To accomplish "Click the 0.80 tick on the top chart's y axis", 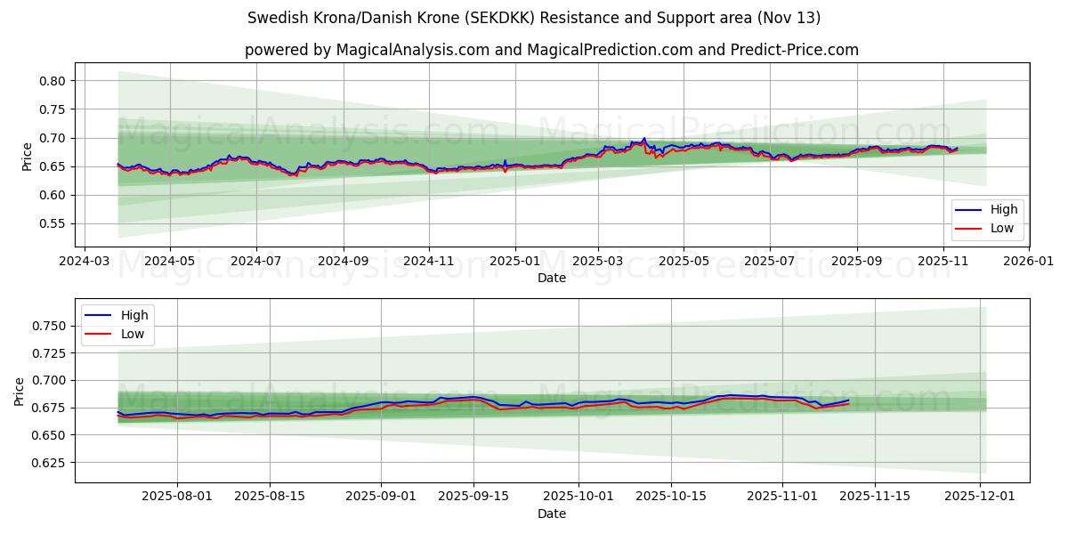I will pos(53,81).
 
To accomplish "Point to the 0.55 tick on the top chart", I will pos(53,224).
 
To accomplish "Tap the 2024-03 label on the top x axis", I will pos(85,262).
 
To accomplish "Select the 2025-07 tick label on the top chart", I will pos(769,262).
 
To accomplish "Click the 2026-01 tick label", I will pos(1029,262).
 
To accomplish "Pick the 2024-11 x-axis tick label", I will pos(429,262).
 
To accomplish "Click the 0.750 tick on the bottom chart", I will pos(50,327).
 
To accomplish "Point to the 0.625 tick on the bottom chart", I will pos(50,463).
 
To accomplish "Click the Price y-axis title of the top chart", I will pos(27,156).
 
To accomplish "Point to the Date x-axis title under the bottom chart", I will pos(552,514).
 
